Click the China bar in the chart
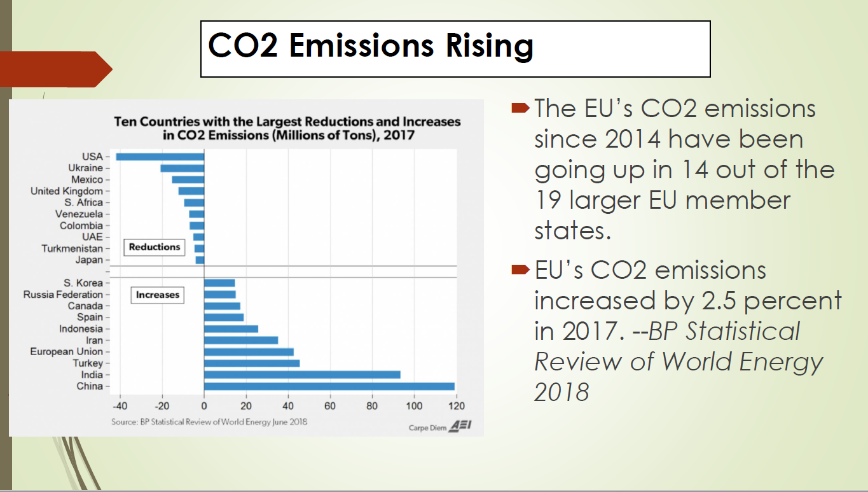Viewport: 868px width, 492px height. click(x=329, y=386)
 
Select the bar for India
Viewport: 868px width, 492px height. click(x=302, y=375)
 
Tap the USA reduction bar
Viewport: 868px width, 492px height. click(x=160, y=157)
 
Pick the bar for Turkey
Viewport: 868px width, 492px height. click(x=252, y=363)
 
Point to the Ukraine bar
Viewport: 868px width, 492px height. click(x=182, y=168)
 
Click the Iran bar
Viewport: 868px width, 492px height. click(x=241, y=340)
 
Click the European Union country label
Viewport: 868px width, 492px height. click(x=66, y=352)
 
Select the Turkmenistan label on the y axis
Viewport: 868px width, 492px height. click(x=72, y=248)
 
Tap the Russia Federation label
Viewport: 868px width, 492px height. click(x=63, y=295)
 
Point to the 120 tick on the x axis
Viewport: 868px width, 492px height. click(x=456, y=405)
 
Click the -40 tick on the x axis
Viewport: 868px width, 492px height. click(x=120, y=405)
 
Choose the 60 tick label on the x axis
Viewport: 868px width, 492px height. click(x=330, y=405)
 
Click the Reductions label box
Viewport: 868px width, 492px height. click(x=155, y=247)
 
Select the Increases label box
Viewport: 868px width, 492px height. click(x=157, y=295)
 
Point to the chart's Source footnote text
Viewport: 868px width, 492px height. click(x=209, y=421)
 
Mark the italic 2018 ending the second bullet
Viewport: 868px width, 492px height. click(x=561, y=393)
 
